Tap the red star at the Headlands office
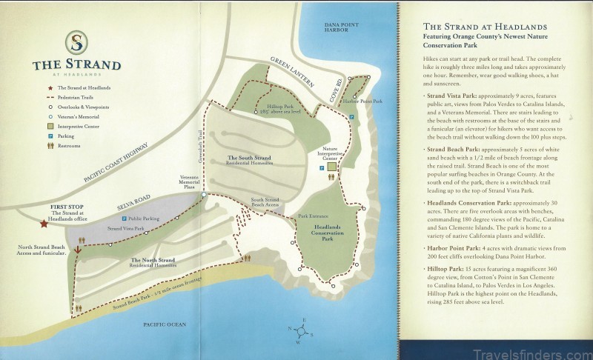[x=44, y=221]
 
